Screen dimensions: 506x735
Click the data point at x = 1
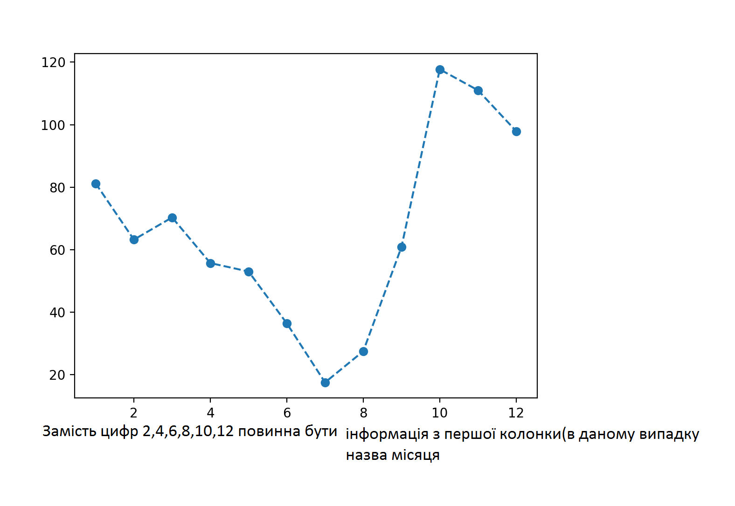click(96, 184)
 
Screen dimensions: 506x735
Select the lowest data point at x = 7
click(325, 383)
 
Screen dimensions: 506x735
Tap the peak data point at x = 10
click(440, 70)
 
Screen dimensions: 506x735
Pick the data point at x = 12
click(516, 131)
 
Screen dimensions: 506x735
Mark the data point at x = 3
click(172, 218)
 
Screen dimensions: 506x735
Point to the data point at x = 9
click(402, 247)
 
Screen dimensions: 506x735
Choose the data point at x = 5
click(249, 272)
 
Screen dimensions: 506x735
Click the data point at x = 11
click(478, 90)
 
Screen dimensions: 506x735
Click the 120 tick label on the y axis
click(53, 62)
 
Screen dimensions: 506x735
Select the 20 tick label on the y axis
click(57, 375)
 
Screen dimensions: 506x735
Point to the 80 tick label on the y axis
click(57, 188)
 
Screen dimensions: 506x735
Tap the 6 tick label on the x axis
click(287, 413)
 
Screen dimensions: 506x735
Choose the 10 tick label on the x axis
click(439, 413)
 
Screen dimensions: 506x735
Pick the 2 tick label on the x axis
click(134, 413)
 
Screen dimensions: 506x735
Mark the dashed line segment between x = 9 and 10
click(421, 158)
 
